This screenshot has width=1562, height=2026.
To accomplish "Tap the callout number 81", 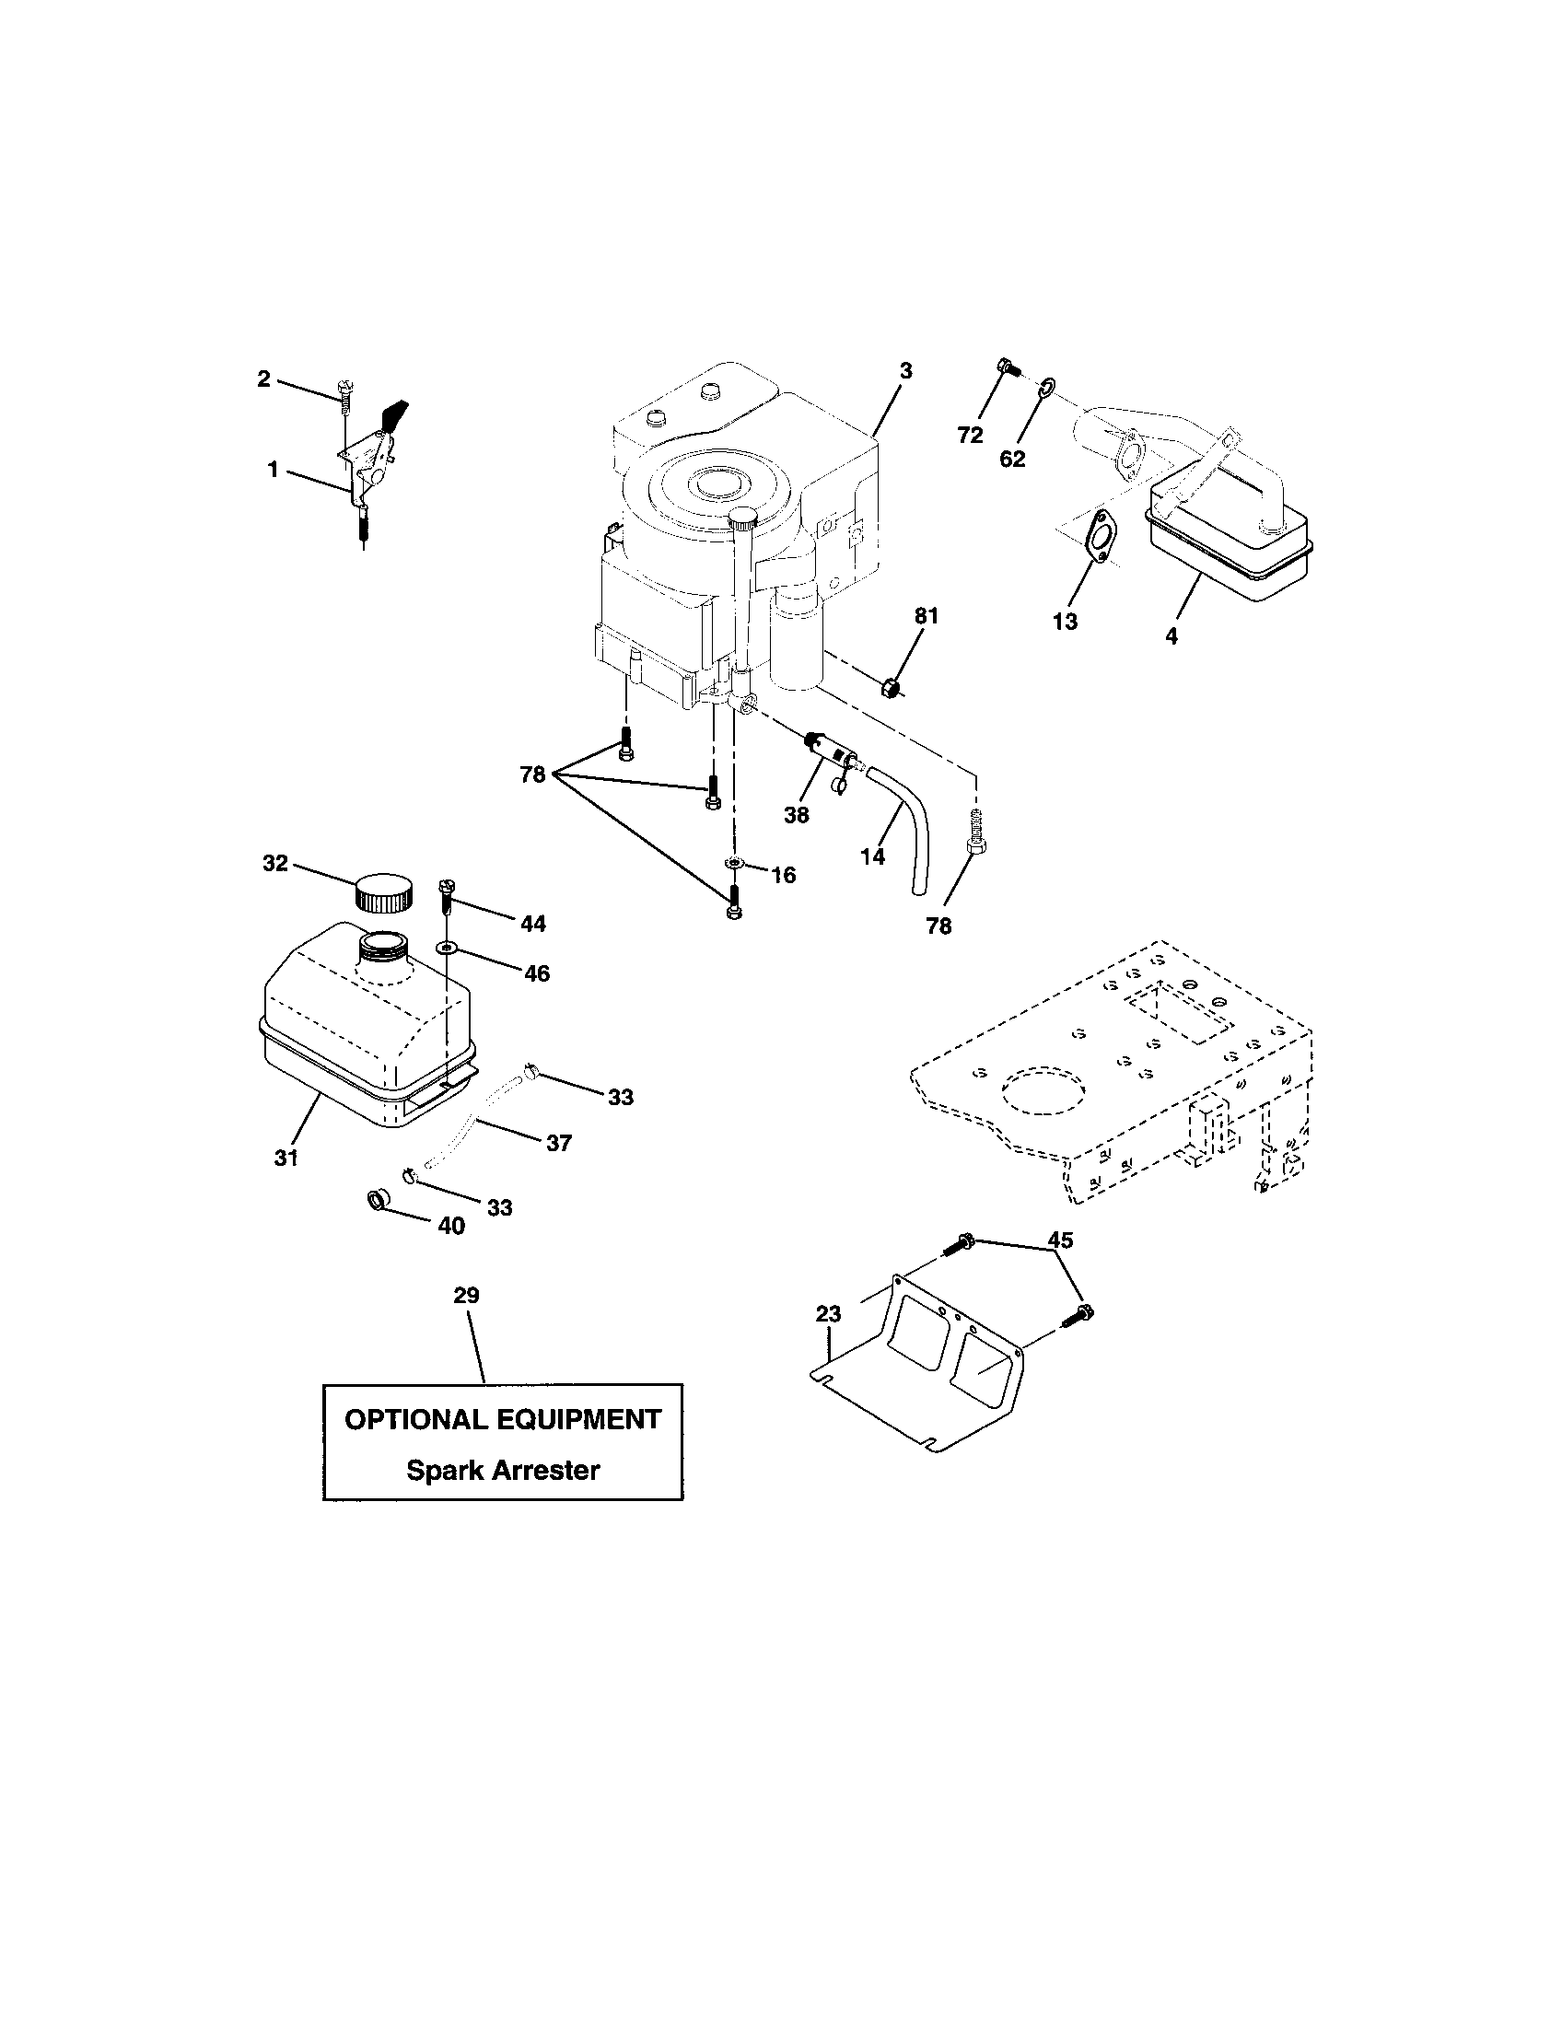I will click(x=927, y=615).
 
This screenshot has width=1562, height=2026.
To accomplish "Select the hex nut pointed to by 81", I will click(x=889, y=688).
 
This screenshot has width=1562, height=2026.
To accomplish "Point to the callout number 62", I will click(x=1012, y=459).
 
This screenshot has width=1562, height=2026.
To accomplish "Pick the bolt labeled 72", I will click(x=1007, y=369).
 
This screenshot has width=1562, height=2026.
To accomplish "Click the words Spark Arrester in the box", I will click(x=503, y=1471).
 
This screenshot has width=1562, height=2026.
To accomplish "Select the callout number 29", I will click(x=466, y=1295).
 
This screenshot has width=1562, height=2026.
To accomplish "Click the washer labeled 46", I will click(x=449, y=947).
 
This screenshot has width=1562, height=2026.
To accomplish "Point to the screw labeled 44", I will click(x=446, y=894).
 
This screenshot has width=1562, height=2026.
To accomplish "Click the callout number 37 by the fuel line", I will click(x=558, y=1143).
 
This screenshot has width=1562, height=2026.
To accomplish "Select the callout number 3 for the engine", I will click(x=905, y=371).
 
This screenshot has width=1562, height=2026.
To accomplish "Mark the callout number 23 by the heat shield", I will click(x=828, y=1313).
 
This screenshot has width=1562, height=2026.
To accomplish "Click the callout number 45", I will click(x=1060, y=1240).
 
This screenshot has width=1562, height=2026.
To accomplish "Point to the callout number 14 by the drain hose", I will click(x=872, y=856).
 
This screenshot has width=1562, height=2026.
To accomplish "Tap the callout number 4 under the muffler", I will click(x=1171, y=636).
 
